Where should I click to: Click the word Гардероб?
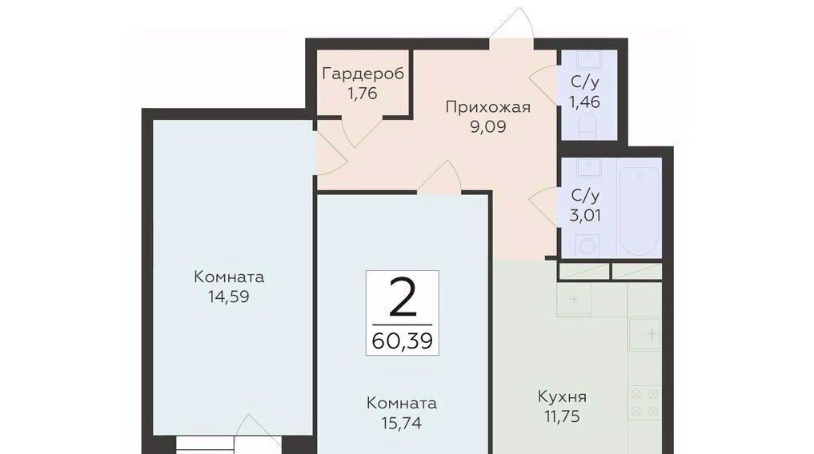click(x=363, y=74)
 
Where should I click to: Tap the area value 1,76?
click(x=363, y=94)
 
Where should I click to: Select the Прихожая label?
click(x=488, y=107)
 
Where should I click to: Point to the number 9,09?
click(x=488, y=127)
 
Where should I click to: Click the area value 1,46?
click(x=585, y=102)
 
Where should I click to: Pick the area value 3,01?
click(x=585, y=215)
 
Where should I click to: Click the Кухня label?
click(x=562, y=397)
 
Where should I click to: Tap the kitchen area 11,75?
click(x=562, y=416)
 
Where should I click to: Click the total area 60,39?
click(x=403, y=341)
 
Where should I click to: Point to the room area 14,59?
click(x=229, y=297)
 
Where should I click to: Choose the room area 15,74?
click(x=402, y=424)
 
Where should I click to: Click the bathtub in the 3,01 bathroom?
click(x=639, y=211)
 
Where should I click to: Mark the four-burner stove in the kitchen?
click(x=644, y=403)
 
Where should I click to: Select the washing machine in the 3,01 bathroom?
click(x=587, y=245)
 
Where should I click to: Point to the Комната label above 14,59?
click(x=229, y=277)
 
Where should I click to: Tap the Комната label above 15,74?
click(x=402, y=403)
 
